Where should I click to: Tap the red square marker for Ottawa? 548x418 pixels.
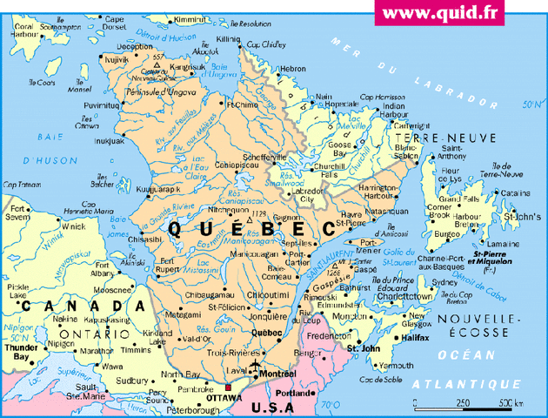227,388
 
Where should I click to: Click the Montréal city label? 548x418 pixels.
278,373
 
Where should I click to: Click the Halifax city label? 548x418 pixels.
417,336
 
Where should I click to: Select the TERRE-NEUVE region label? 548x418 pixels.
444,138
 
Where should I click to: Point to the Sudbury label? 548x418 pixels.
131,381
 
